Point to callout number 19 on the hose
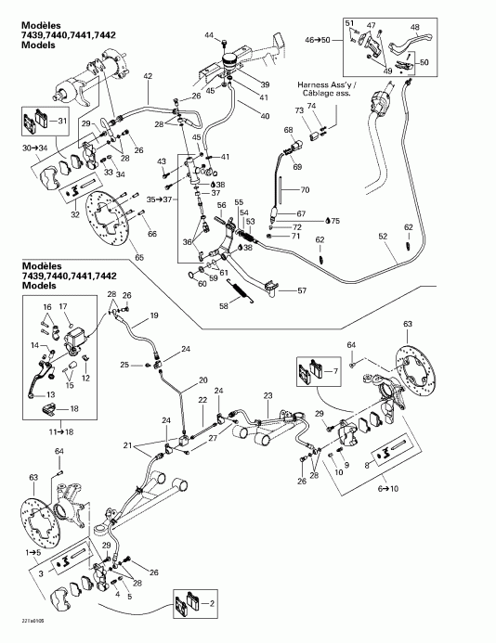coord(142,316)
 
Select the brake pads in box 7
coord(306,373)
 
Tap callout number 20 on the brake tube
coord(203,381)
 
